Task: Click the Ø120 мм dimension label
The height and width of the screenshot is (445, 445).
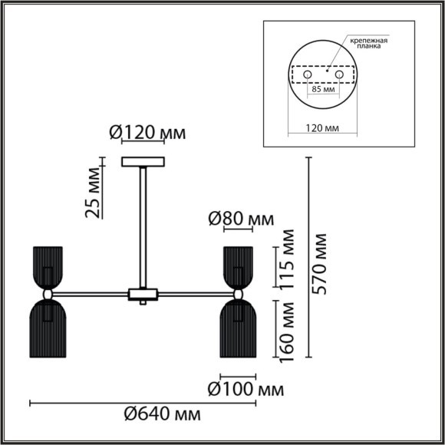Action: click(147, 133)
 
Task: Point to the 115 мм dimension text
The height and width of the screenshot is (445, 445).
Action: click(287, 259)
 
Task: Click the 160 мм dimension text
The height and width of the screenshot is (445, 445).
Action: click(287, 331)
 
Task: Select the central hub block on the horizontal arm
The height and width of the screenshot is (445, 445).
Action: click(143, 294)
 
